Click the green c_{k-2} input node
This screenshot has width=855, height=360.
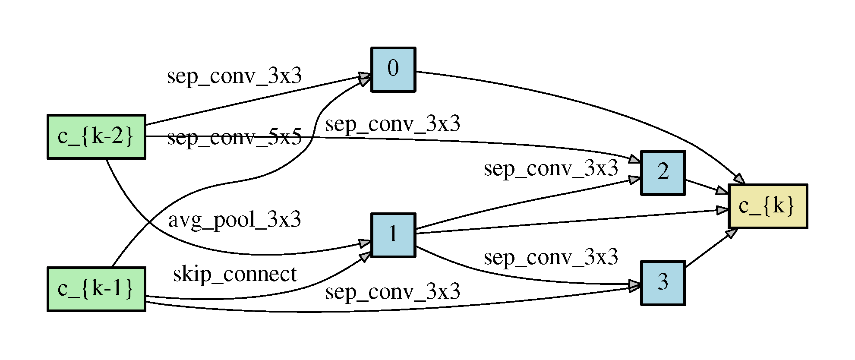coord(96,137)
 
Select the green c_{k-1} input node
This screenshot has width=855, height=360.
coord(96,289)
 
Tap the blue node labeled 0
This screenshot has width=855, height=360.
coord(393,69)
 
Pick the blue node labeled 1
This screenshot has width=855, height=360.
coord(393,235)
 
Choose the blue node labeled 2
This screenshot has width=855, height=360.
coord(663,173)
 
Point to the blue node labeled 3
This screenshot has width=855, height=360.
coord(663,283)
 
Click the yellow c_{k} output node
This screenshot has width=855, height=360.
coord(767,206)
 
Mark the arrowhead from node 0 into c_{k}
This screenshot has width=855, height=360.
coord(739,179)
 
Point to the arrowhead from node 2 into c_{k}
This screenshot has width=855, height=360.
coord(722,190)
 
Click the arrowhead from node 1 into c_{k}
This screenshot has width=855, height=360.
coord(722,210)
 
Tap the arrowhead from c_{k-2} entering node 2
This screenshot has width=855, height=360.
coord(635,159)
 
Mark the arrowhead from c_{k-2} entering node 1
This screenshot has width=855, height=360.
coord(365,244)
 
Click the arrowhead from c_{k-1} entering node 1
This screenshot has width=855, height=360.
coord(365,257)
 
